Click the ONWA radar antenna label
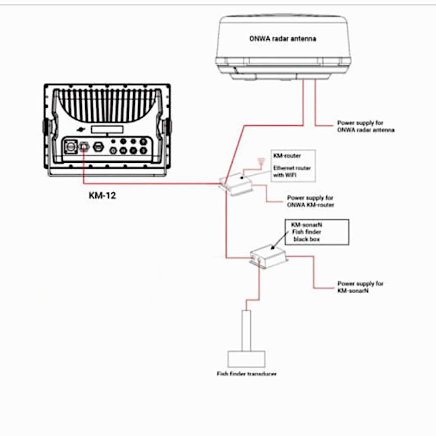click(282, 39)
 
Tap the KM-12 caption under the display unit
click(102, 197)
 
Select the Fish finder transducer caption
click(247, 374)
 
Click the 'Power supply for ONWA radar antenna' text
click(366, 126)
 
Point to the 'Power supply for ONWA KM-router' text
click(310, 201)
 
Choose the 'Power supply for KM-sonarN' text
click(360, 287)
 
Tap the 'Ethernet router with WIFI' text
click(292, 171)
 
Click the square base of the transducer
click(246, 359)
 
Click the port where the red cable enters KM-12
click(84, 147)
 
